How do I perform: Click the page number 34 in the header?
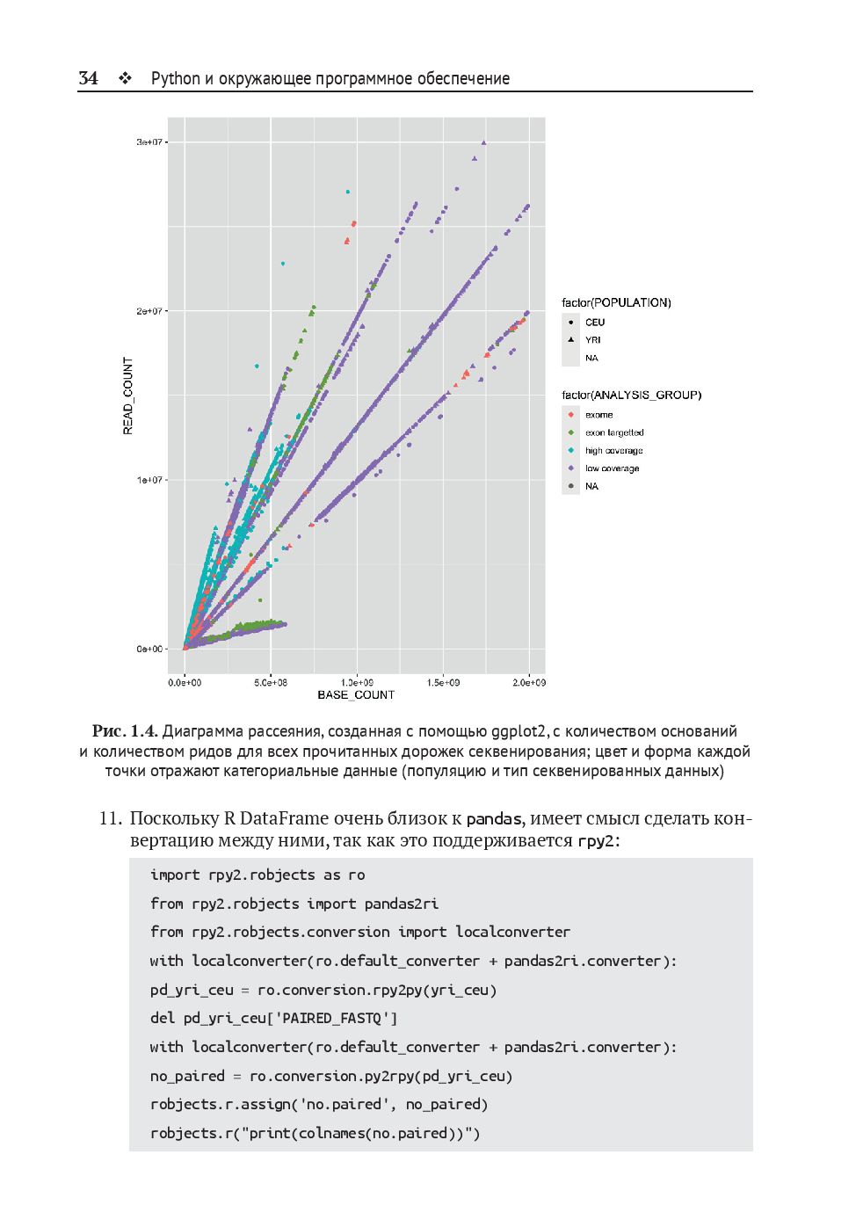click(x=88, y=78)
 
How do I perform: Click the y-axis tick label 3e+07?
click(x=149, y=142)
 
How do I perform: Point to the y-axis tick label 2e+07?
click(x=149, y=311)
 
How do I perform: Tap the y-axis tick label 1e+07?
click(x=149, y=480)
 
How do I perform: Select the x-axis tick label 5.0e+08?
click(x=271, y=682)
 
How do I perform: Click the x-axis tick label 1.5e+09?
click(x=443, y=682)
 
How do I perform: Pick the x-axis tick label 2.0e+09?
click(x=529, y=682)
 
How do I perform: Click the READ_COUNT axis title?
click(x=128, y=396)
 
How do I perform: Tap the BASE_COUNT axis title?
click(x=356, y=695)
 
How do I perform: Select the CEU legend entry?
click(x=595, y=323)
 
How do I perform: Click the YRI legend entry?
click(x=593, y=340)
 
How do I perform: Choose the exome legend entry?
click(x=598, y=415)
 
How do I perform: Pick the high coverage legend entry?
click(x=613, y=451)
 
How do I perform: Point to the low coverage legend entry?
click(x=612, y=468)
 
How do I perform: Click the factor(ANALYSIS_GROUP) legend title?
click(x=631, y=396)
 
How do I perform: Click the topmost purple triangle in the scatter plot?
click(x=483, y=142)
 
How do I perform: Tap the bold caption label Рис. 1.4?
click(x=125, y=731)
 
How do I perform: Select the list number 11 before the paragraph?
click(x=110, y=818)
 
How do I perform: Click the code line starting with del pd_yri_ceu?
click(x=273, y=1019)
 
